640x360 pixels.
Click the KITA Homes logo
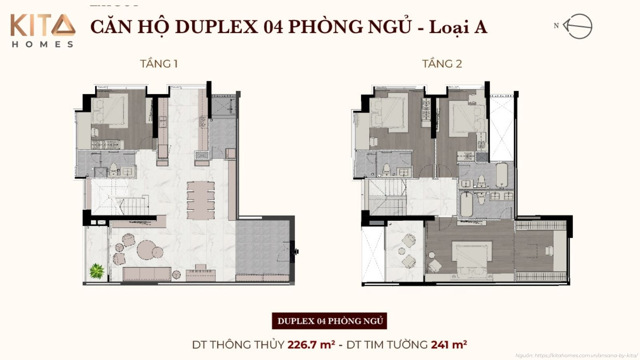point(42,30)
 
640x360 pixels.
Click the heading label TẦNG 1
point(159,64)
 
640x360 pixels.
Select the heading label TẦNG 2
point(442,64)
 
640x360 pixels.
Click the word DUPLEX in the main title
point(216,27)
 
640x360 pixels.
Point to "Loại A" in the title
point(458,27)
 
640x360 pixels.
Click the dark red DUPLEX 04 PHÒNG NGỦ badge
point(330,321)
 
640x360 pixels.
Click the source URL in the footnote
point(586,355)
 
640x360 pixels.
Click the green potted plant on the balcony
point(97,271)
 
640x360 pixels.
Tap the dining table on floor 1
point(201,200)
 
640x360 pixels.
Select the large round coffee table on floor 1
point(147,250)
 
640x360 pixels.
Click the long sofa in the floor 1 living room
point(147,274)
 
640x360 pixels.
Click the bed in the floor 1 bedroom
point(108,109)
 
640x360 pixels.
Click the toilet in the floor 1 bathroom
point(114,169)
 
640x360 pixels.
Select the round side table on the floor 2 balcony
point(402,251)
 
